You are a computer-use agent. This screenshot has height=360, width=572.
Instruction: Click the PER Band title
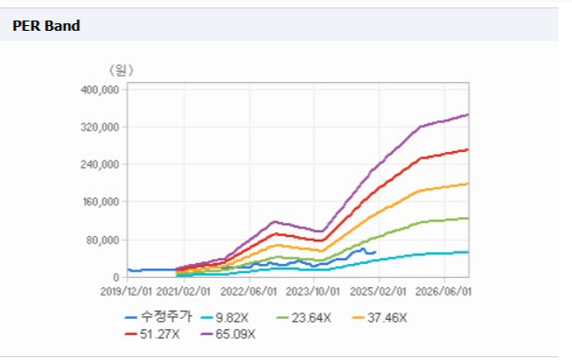47,26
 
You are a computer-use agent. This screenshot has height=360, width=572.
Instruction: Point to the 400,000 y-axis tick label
100,90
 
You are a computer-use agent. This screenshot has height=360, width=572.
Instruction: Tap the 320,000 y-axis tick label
100,127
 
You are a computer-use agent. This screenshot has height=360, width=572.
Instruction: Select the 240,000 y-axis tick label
100,164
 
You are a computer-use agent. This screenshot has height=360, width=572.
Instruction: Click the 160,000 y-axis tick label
100,202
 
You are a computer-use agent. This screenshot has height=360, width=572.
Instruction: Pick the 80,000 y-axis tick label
103,240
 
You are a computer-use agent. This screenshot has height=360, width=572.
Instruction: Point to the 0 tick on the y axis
116,278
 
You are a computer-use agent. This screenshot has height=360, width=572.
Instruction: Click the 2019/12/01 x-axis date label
126,291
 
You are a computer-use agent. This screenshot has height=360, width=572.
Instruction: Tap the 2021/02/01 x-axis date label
184,291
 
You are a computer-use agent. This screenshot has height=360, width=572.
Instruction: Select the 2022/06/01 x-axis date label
249,291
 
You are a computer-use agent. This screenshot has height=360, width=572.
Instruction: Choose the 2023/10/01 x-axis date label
313,291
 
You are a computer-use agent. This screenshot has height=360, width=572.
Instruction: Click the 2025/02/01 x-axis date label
378,291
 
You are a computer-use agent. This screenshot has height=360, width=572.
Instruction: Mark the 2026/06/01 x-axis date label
443,291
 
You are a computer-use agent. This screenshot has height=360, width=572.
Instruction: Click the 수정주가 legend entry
158,317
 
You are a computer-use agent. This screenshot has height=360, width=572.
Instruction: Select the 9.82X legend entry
225,318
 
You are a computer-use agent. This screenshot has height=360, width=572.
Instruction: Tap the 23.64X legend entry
304,318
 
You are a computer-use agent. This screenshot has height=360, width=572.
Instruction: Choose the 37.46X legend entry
380,318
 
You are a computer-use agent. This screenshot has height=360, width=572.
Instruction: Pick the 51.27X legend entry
152,334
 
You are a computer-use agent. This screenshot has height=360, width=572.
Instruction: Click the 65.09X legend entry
228,334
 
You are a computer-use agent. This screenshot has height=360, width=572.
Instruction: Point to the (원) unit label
121,70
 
